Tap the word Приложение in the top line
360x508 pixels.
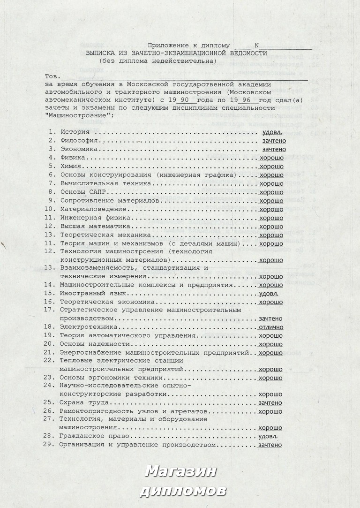click(x=167, y=45)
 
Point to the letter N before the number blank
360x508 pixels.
click(x=256, y=45)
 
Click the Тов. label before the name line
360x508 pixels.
click(x=52, y=76)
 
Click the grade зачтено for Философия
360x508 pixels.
click(x=274, y=140)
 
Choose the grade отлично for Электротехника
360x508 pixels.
click(x=270, y=327)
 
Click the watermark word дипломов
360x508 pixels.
click(x=183, y=491)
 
